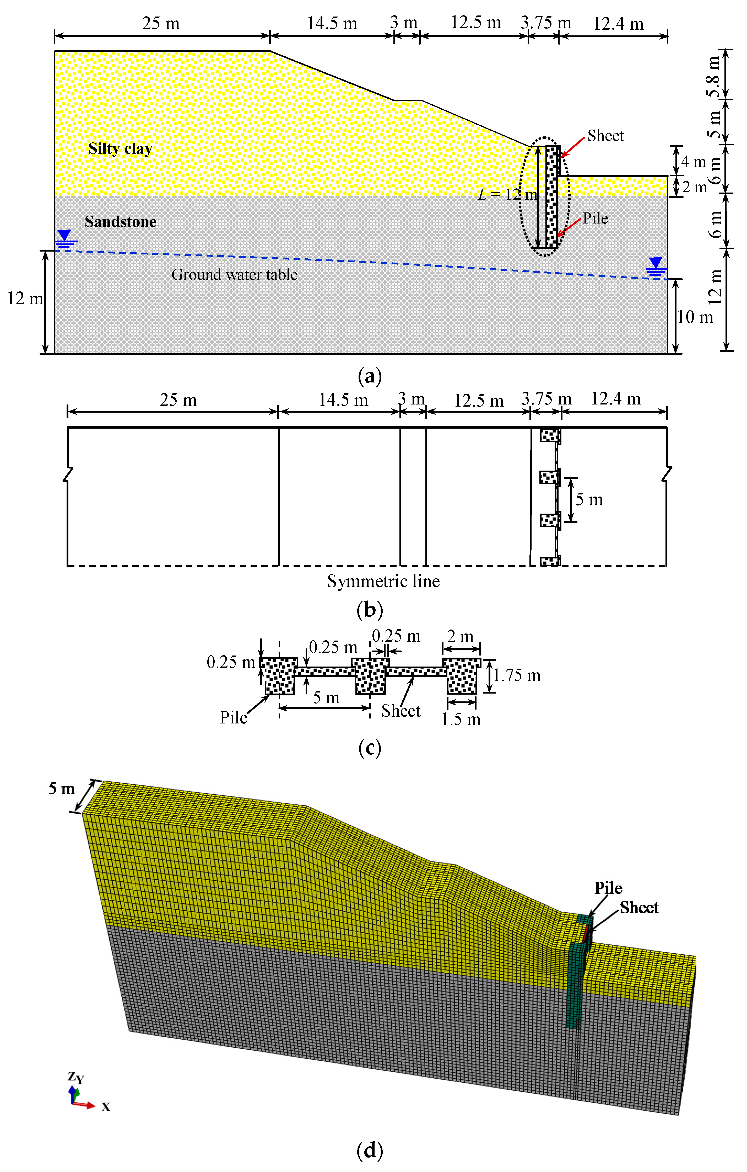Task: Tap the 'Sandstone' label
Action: [121, 222]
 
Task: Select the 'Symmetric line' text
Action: [383, 581]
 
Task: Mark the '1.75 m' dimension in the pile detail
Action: [517, 675]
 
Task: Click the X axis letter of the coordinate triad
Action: [106, 1107]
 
